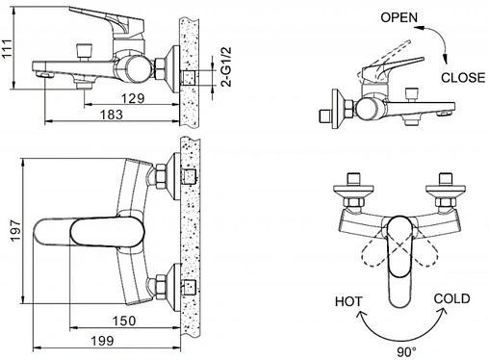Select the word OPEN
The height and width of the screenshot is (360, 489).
coord(399,17)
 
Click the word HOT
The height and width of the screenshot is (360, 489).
coord(347,301)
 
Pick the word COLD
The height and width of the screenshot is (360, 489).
coord(450,299)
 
